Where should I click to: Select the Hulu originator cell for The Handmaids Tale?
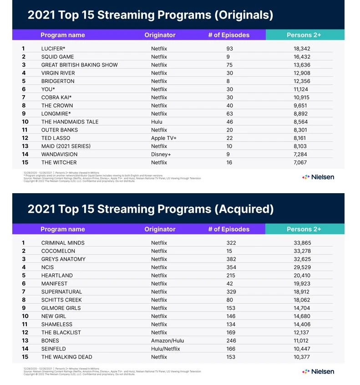pyautogui.click(x=157, y=122)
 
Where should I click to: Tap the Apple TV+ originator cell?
pyautogui.click(x=164, y=138)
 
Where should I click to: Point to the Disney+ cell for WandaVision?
pyautogui.click(x=161, y=154)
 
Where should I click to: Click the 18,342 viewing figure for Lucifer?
pyautogui.click(x=303, y=48)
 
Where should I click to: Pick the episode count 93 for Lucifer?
pyautogui.click(x=229, y=48)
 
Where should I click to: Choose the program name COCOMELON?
pyautogui.click(x=58, y=251)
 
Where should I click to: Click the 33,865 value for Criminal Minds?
pyautogui.click(x=303, y=243)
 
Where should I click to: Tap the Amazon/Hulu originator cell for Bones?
pyautogui.click(x=167, y=341)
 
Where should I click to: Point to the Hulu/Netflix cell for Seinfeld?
pyautogui.click(x=166, y=349)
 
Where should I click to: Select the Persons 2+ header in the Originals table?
pyautogui.click(x=304, y=35)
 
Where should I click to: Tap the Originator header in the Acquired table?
pyautogui.click(x=160, y=229)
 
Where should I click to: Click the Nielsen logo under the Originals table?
pyautogui.click(x=318, y=177)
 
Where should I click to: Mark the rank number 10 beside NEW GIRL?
pyautogui.click(x=25, y=316)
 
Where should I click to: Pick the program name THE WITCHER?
pyautogui.click(x=59, y=163)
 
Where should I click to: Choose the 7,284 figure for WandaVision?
pyautogui.click(x=303, y=154)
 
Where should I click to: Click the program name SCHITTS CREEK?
pyautogui.click(x=61, y=300)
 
